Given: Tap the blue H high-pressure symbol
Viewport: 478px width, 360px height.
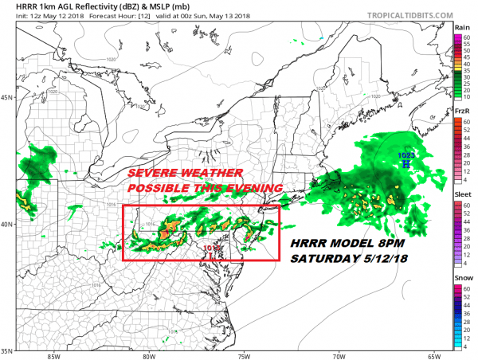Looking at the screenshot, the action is tap(406, 163).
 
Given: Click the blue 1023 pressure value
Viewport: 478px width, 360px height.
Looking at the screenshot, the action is tap(406, 153).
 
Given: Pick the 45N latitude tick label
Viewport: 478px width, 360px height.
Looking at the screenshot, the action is tap(8, 99).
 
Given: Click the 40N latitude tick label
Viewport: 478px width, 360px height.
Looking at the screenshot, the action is tap(8, 224).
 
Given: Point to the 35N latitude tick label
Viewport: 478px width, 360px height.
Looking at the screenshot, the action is tap(8, 350).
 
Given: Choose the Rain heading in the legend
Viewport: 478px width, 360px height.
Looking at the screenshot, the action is tap(460, 27).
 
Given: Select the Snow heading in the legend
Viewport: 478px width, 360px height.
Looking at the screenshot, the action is tap(460, 278).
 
